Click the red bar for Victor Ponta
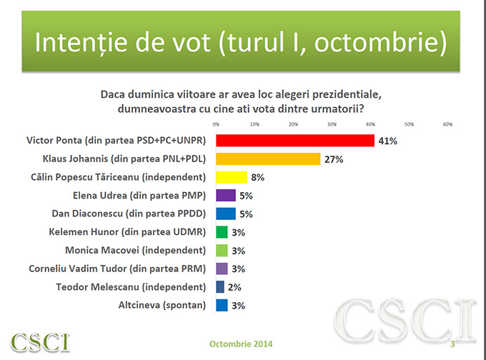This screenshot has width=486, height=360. pos(295,140)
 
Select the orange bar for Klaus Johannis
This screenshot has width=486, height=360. pos(268,159)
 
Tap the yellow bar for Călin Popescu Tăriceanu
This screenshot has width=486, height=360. pos(232,176)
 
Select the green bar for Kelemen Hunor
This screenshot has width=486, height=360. pos(222,231)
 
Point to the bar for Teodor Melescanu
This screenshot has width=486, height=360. pos(220,287)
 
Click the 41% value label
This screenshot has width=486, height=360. pos(387,141)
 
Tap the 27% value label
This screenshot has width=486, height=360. pos(334,159)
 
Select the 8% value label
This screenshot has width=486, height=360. pos(258,177)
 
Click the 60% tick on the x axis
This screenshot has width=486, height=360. pos(448,124)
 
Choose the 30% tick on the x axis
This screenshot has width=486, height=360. pos(332,124)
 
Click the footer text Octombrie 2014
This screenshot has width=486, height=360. pos(242,344)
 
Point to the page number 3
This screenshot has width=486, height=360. pos(452,344)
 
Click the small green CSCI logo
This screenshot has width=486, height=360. pos(40,341)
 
